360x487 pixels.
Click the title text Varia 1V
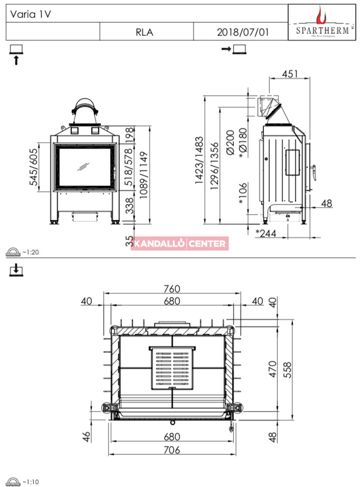31,14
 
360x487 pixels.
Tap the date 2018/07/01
243,32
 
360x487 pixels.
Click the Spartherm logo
322,22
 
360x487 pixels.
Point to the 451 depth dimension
290,74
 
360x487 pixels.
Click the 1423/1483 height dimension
199,160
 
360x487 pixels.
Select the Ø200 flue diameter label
230,143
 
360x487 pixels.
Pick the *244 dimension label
266,233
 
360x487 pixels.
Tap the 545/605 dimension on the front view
33,167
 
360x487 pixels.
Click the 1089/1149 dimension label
144,175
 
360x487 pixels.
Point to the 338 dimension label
129,205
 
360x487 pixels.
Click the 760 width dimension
172,289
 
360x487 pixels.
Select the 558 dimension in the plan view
288,370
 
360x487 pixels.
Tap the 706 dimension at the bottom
172,449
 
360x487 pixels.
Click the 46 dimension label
87,436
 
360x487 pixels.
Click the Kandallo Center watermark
180,244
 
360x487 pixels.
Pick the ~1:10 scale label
31,482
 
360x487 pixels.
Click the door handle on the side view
315,173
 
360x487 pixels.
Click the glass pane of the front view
84,167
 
